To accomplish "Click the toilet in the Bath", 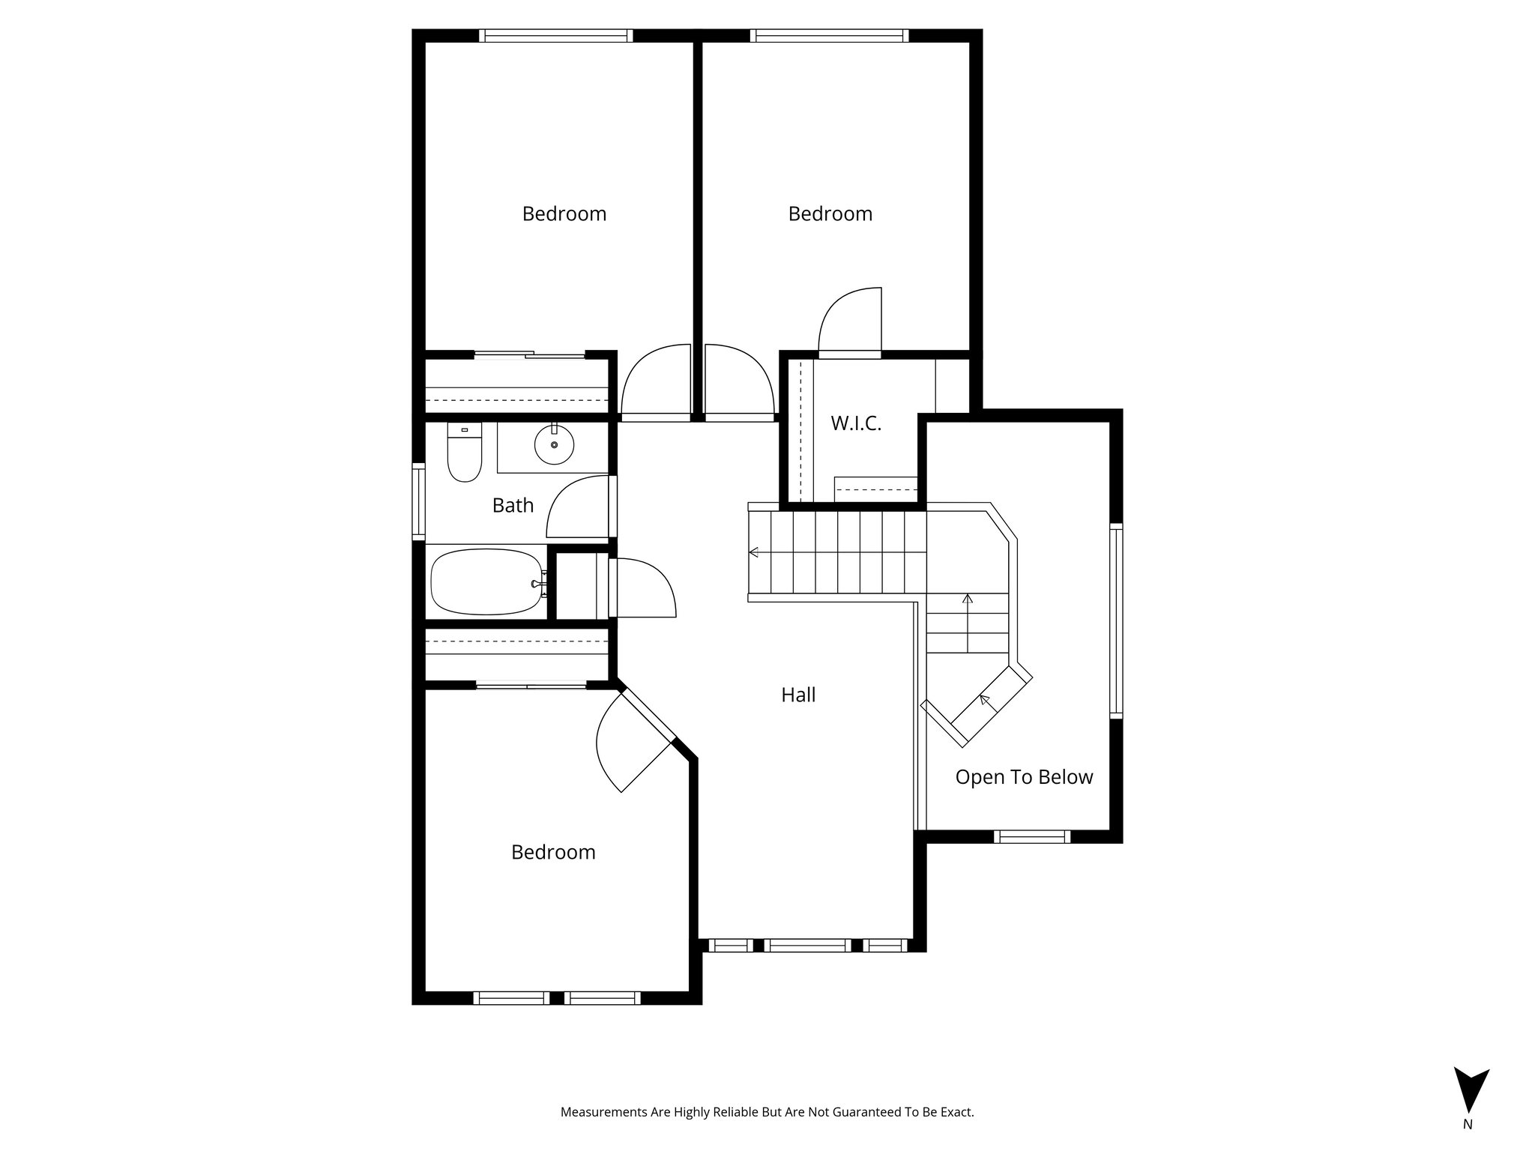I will coord(464,454).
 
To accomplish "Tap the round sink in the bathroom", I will coord(554,445).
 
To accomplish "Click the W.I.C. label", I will coord(855,423).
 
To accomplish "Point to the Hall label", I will coord(798,695).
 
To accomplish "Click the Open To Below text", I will coord(1024,777).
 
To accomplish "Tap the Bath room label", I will coord(513,506).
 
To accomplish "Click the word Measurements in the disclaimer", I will coord(604,1112).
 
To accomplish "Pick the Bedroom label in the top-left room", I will coord(564,214).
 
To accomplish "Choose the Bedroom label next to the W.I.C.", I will coord(830,214).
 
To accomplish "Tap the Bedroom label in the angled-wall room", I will coord(553,853).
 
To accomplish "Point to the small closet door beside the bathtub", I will coord(645,588).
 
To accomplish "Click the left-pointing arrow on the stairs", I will coord(754,553).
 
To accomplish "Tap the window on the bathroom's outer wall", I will coord(419,501).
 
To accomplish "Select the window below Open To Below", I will coord(1032,836).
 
